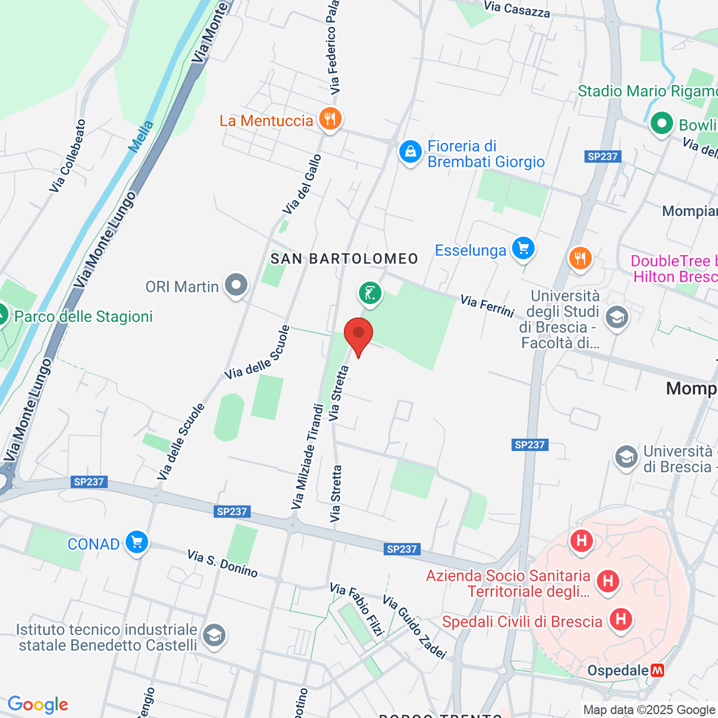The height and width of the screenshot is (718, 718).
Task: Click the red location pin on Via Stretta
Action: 358,333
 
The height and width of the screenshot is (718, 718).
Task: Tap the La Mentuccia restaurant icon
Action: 330,118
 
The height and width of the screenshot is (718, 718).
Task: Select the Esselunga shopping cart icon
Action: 523,248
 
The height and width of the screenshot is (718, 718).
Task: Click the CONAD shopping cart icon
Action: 137,542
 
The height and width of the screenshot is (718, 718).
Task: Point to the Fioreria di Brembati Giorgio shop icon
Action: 410,152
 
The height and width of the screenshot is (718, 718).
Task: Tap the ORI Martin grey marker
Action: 236,285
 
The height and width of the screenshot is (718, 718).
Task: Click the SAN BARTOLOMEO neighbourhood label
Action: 344,258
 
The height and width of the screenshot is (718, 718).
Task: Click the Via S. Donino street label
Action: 222,564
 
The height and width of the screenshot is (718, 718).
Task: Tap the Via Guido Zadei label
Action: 415,626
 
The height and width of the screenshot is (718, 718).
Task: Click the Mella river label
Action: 141,136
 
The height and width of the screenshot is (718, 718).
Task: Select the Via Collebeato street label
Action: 68,156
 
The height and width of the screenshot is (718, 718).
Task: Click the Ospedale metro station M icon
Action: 658,670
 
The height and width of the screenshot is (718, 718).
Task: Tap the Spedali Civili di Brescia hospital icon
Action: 620,619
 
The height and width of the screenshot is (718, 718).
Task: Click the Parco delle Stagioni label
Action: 83,317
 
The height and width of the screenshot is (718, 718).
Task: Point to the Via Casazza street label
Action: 516,9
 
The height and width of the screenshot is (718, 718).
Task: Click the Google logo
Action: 38,704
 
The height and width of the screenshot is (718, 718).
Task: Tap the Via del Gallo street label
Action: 302,184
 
